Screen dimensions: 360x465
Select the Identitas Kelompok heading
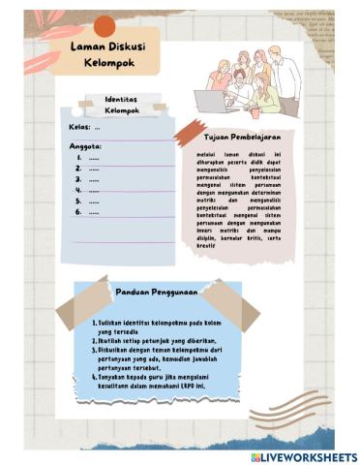(x=122, y=105)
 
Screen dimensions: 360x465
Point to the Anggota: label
(x=85, y=145)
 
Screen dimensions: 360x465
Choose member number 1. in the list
(x=88, y=157)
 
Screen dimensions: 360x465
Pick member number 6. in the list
(x=88, y=210)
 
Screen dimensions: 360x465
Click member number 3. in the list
(x=88, y=179)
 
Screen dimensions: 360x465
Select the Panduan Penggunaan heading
(x=157, y=291)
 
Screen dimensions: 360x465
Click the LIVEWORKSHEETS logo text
(x=304, y=456)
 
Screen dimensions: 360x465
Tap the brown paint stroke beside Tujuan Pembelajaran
(x=189, y=134)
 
